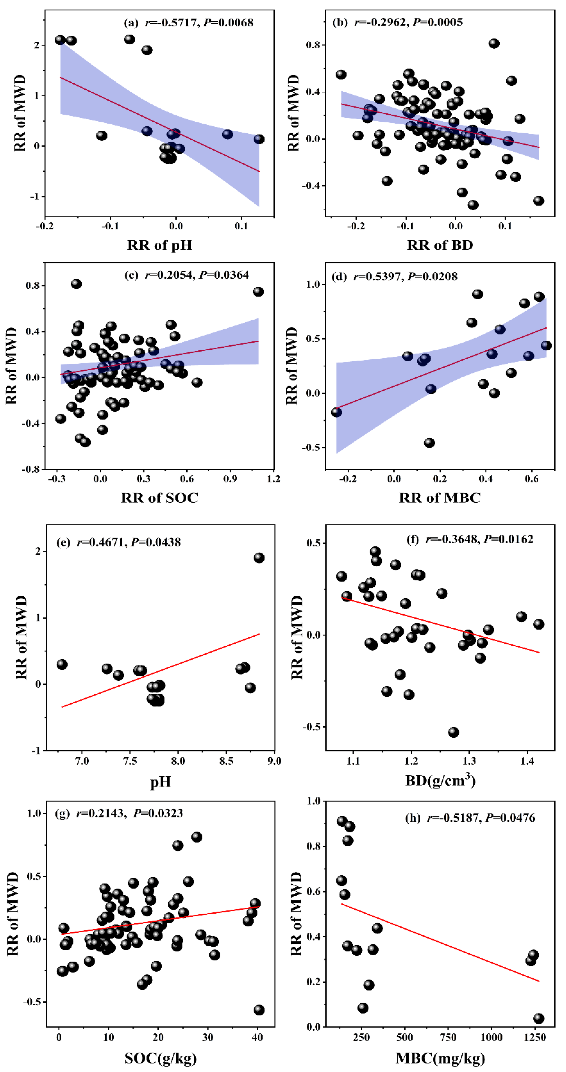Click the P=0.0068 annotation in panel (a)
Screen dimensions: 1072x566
coord(228,22)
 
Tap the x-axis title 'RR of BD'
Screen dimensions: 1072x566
coord(440,245)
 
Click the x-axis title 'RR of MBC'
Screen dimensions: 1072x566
coord(440,498)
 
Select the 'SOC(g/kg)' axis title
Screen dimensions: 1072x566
coord(160,1057)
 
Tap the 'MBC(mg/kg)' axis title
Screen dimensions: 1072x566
coord(440,1057)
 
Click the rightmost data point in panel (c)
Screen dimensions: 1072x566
coord(258,292)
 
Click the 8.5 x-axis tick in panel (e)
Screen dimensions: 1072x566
coord(226,761)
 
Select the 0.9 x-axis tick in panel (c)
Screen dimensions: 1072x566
coord(230,479)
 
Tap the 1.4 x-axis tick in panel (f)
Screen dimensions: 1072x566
coord(527,761)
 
